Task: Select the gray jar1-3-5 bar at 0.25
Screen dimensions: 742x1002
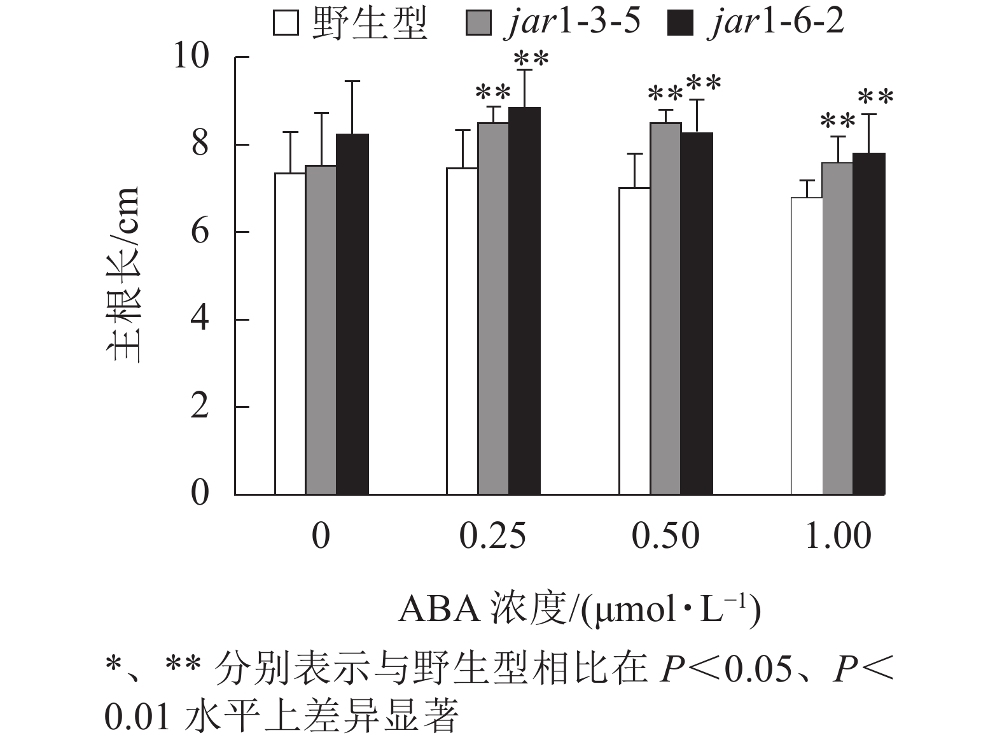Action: click(493, 308)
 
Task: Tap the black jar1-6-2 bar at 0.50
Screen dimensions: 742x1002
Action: click(697, 313)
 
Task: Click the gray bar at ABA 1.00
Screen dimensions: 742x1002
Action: click(837, 328)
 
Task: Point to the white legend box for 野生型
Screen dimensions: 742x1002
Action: click(286, 24)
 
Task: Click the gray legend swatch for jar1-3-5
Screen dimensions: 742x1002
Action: click(478, 24)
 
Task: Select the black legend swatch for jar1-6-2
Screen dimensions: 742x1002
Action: click(679, 24)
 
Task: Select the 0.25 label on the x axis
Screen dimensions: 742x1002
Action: click(492, 536)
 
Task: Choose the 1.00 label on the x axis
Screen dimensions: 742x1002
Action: click(838, 536)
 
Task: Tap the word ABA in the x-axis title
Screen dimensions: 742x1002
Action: click(439, 609)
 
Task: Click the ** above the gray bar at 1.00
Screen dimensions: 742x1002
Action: click(838, 122)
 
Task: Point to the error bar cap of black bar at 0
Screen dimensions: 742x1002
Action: click(352, 81)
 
